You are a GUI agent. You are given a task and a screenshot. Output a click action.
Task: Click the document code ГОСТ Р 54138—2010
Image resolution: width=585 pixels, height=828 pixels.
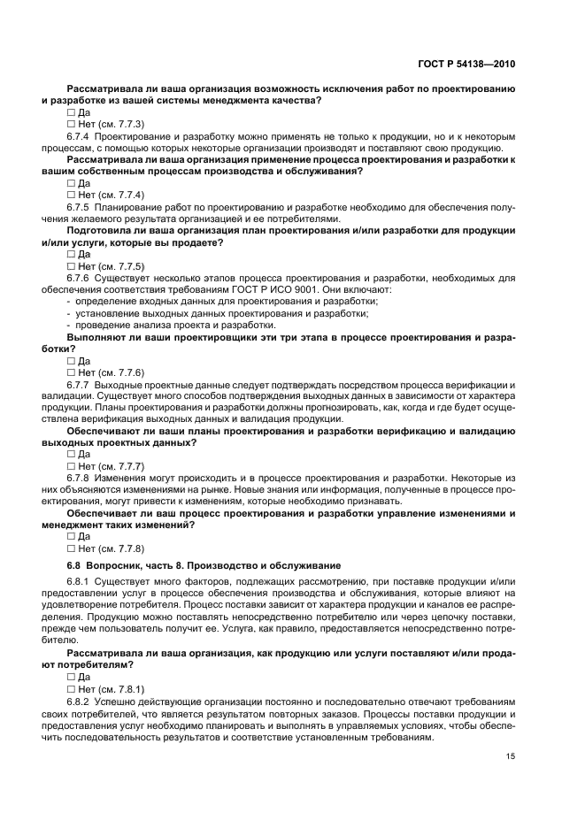pos(466,64)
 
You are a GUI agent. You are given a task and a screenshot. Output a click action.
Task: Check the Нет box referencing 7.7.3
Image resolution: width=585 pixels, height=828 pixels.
pos(72,125)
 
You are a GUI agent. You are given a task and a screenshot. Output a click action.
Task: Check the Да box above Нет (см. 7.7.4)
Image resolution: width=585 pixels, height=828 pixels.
pos(72,183)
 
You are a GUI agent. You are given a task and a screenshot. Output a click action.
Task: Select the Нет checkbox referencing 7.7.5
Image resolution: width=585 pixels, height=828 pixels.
pos(72,266)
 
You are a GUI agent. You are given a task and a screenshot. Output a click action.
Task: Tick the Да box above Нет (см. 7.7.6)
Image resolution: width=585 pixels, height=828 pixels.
pos(72,361)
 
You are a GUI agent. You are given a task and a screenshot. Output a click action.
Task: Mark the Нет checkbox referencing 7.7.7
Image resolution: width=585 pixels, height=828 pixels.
pos(72,466)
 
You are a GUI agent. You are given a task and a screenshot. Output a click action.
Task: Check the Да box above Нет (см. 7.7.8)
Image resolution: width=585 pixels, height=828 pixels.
pos(72,536)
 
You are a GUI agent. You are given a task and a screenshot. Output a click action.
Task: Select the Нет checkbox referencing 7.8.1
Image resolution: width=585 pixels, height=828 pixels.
pos(72,689)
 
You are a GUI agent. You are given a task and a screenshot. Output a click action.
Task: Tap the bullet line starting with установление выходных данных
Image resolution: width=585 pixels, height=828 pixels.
pos(221,314)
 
